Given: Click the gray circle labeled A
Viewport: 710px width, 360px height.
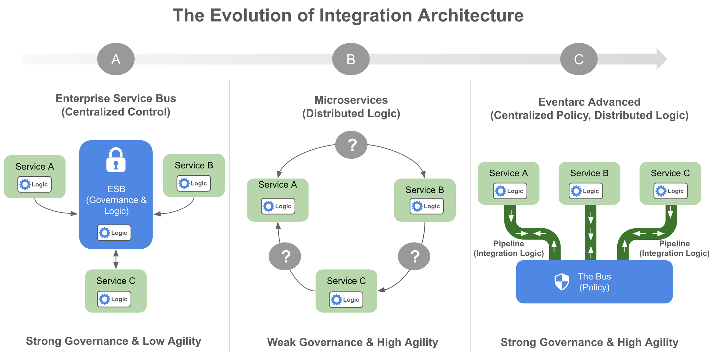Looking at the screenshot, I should tap(116, 59).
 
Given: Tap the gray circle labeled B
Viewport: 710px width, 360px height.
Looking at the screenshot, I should tap(351, 59).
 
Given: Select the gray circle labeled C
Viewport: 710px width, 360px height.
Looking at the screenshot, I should tap(579, 59).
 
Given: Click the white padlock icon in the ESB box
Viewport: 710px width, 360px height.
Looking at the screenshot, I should tap(116, 160).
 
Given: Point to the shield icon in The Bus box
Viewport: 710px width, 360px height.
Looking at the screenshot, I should tap(562, 282).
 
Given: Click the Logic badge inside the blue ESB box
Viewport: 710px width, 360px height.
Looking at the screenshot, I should tap(114, 233).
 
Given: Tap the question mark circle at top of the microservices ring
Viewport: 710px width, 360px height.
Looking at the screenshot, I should tap(351, 145).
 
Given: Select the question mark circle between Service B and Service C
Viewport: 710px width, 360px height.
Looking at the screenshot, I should tap(414, 256).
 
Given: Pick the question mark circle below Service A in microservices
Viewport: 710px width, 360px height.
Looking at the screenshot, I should tap(285, 256).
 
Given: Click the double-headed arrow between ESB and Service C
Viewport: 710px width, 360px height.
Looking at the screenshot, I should tap(116, 259).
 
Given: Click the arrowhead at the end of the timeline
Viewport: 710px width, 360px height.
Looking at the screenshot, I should tap(661, 59).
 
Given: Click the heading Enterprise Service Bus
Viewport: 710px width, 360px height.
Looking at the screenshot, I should tap(116, 98).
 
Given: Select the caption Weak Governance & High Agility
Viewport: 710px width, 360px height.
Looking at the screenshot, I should tap(352, 342).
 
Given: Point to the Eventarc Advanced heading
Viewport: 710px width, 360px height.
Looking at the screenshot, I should tap(589, 102).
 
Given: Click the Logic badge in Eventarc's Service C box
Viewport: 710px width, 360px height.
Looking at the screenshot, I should tap(671, 191).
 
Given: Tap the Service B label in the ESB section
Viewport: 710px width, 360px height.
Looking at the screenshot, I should tap(194, 165).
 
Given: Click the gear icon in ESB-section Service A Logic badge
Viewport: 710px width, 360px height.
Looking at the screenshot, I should tap(25, 185).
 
